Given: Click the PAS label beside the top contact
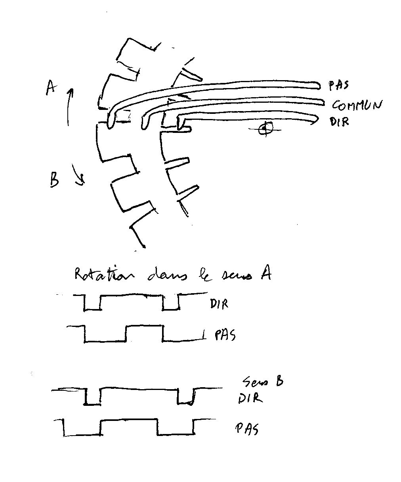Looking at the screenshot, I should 338,85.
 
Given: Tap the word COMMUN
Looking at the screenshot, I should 357,105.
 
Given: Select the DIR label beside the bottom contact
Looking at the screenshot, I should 339,121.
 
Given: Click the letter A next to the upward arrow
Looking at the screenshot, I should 50,87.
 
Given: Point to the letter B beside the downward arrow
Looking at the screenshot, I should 54,179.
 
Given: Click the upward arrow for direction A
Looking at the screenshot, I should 69,105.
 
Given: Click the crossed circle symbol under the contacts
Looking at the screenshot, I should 265,129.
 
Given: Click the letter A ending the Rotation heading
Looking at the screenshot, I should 265,273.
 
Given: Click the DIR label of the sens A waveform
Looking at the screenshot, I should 219,305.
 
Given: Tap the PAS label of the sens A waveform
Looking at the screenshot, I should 225,336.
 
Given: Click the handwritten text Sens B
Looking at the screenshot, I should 263,382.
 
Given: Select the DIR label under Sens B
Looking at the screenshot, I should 250,398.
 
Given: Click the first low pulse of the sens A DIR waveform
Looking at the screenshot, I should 92,303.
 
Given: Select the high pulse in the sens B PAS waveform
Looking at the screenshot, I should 129,426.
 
